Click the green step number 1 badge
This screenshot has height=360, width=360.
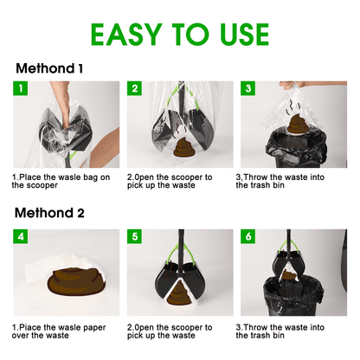[x=20, y=88]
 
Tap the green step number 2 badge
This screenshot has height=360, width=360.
[x=134, y=88]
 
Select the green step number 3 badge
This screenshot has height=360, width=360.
[x=248, y=88]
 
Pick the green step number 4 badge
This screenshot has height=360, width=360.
[x=20, y=236]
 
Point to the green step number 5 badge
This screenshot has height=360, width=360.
[x=134, y=236]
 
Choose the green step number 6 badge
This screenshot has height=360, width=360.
[x=248, y=236]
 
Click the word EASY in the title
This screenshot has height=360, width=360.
[x=126, y=35]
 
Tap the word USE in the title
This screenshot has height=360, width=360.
[x=244, y=35]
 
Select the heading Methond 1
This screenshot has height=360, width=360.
[x=49, y=68]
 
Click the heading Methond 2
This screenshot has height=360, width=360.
[x=49, y=213]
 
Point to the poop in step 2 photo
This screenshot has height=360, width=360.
[x=184, y=148]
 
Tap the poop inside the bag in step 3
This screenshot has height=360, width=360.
[x=297, y=125]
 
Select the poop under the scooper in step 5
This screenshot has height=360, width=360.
[x=179, y=293]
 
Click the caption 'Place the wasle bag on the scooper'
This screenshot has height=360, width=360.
[x=61, y=181]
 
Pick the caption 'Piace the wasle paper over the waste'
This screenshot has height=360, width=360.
[x=59, y=331]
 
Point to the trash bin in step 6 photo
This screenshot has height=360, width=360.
[x=292, y=295]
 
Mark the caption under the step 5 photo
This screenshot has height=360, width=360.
[x=170, y=331]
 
